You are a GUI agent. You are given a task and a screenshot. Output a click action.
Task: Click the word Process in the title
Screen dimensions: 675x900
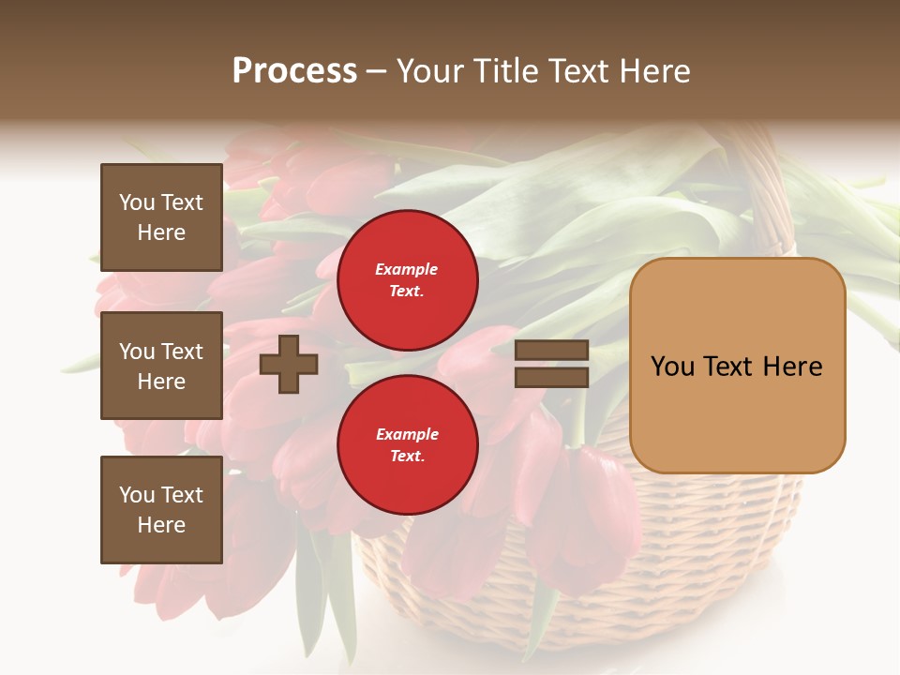(x=294, y=71)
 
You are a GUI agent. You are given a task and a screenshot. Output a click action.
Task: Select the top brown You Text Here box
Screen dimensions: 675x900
(x=161, y=217)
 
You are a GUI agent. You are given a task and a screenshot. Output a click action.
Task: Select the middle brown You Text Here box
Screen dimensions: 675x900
(x=161, y=366)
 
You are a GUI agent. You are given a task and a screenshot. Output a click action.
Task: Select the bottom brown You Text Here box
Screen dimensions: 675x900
(x=161, y=510)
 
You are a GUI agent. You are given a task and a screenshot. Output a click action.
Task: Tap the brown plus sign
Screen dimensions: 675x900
(x=289, y=364)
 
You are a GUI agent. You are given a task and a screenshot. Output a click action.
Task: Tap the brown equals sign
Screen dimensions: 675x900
(x=552, y=364)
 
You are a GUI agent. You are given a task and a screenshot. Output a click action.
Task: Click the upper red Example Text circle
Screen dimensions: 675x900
(x=408, y=280)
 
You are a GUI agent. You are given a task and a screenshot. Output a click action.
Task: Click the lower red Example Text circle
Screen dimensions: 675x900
(x=408, y=445)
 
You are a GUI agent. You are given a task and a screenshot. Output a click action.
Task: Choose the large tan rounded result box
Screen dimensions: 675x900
(x=737, y=366)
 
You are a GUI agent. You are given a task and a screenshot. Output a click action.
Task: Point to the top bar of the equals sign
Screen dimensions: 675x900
(x=552, y=351)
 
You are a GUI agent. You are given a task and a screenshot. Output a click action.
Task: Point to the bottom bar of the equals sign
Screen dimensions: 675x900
(x=552, y=377)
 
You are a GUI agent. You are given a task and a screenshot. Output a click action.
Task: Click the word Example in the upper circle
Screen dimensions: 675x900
(x=407, y=269)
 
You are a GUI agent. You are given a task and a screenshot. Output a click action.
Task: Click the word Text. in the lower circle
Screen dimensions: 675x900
(x=408, y=457)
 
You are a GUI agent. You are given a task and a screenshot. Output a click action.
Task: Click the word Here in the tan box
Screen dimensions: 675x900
(x=792, y=367)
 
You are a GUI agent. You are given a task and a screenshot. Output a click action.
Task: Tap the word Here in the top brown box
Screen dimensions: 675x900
(x=161, y=232)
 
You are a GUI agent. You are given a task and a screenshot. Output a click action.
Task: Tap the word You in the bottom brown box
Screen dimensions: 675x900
(x=137, y=495)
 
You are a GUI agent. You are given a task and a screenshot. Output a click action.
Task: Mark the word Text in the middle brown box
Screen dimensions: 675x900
(x=181, y=352)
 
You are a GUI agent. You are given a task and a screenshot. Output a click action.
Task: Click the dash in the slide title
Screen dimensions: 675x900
(x=376, y=71)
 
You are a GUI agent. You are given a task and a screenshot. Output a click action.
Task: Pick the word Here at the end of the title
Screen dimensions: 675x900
(x=656, y=71)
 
